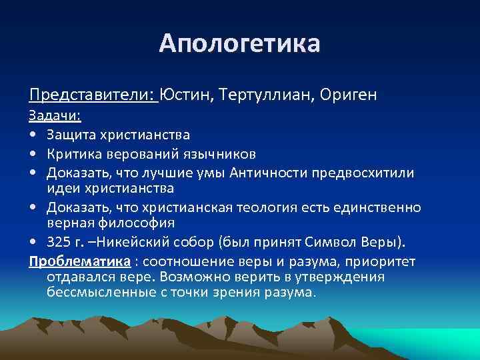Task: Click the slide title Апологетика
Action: tap(239, 43)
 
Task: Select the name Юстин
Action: tap(185, 95)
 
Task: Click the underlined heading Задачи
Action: tap(54, 116)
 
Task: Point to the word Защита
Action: tap(71, 135)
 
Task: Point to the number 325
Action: tap(58, 240)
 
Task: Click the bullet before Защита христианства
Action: tap(33, 135)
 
